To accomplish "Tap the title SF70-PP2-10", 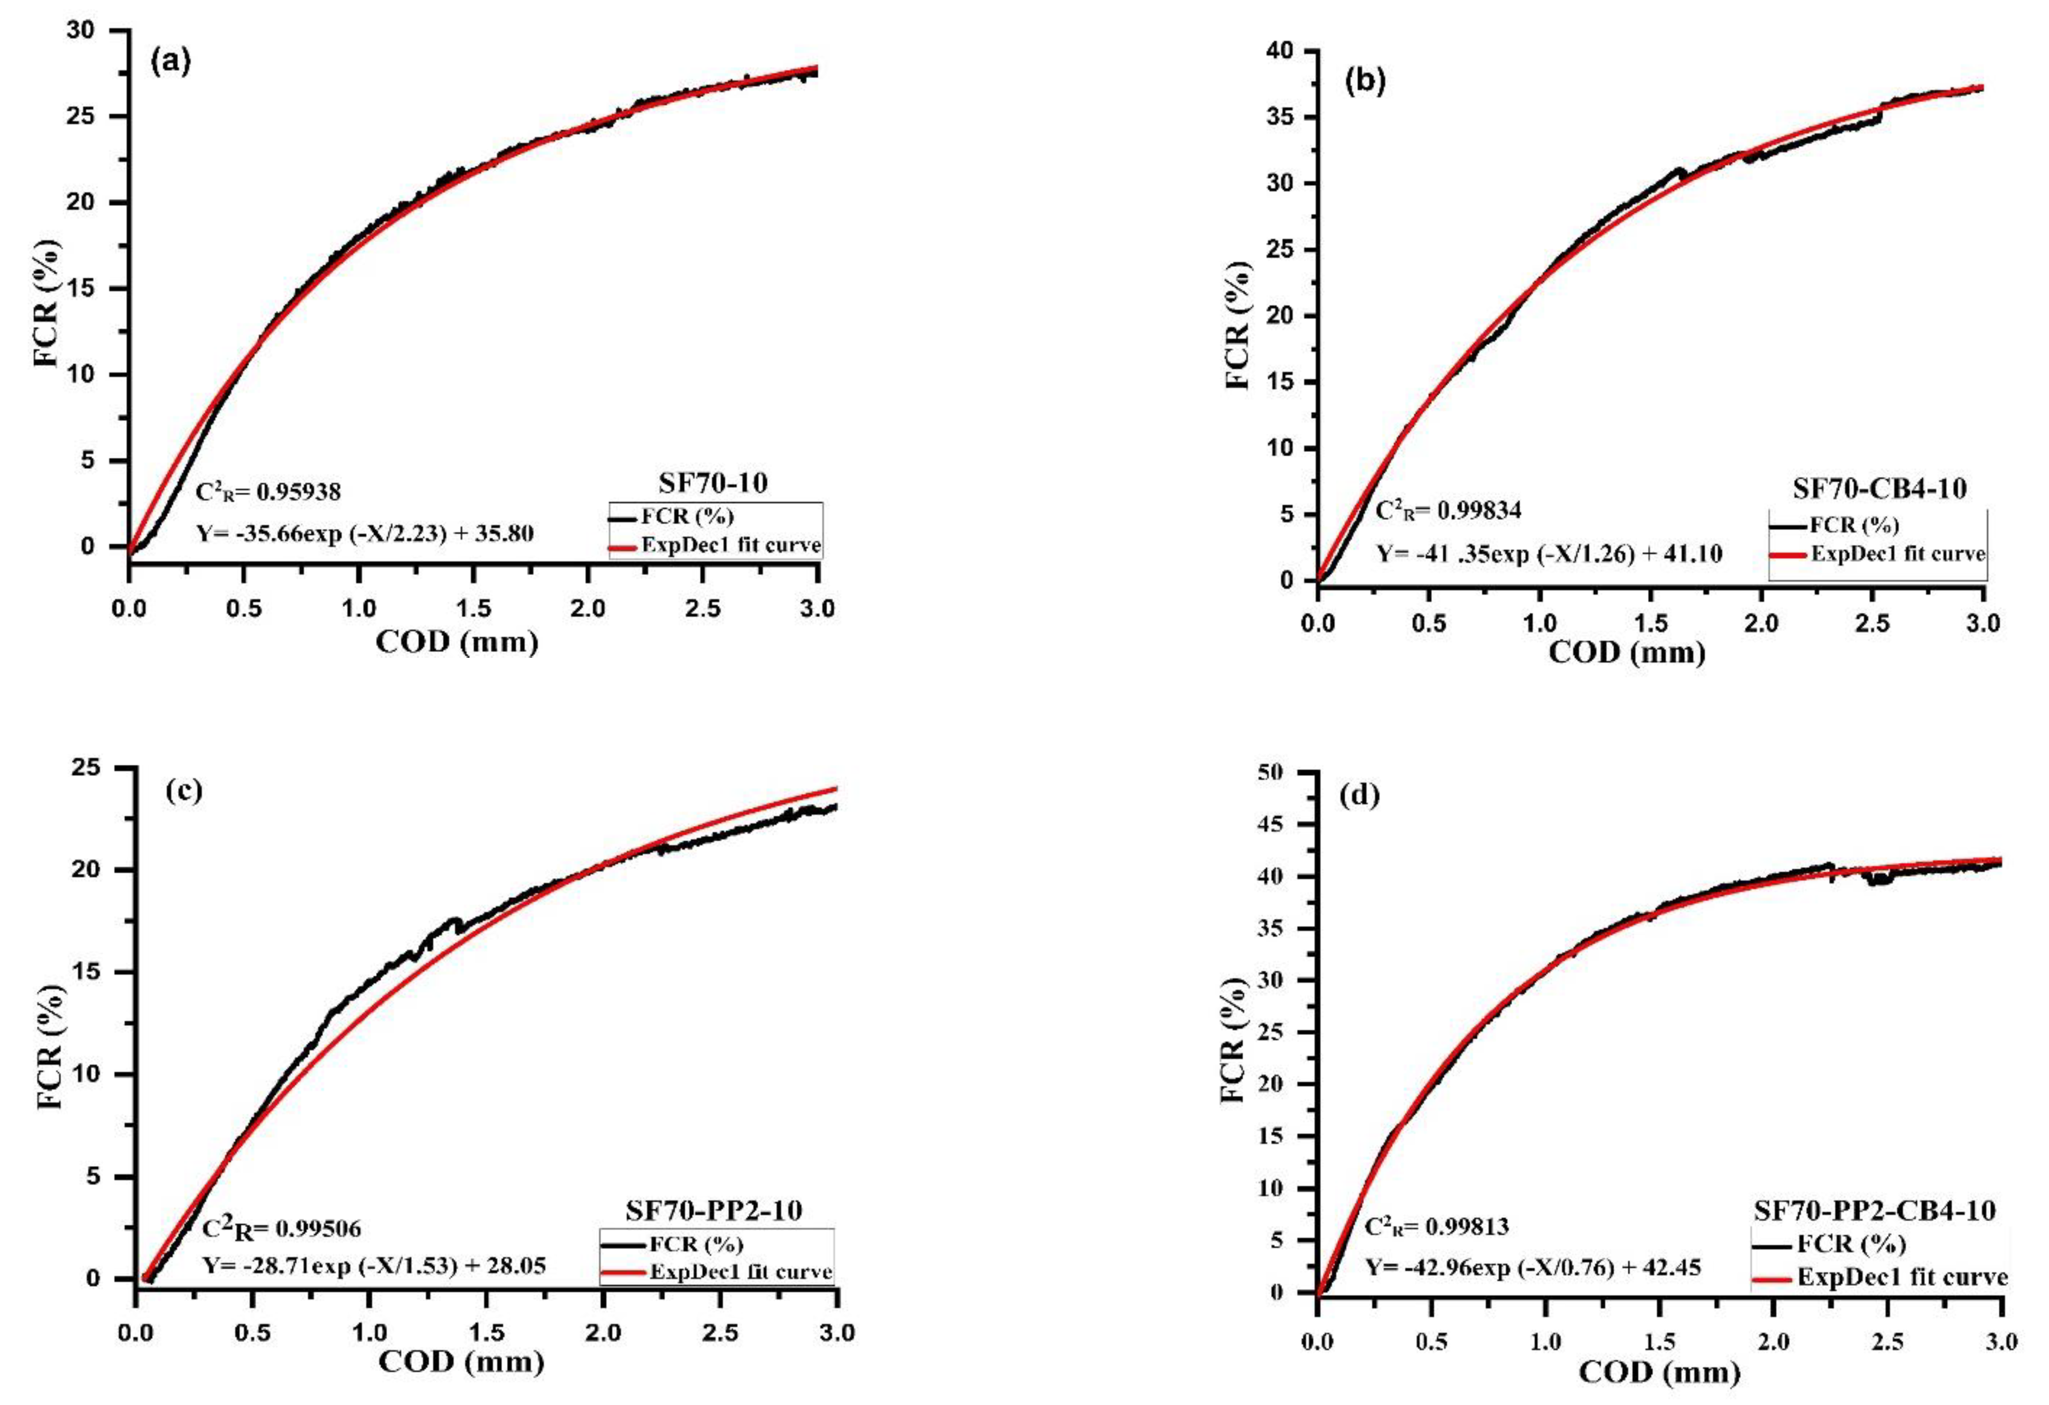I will point(713,1210).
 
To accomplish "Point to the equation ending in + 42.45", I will point(1533,1268).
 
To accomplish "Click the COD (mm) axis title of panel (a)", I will point(457,641).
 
